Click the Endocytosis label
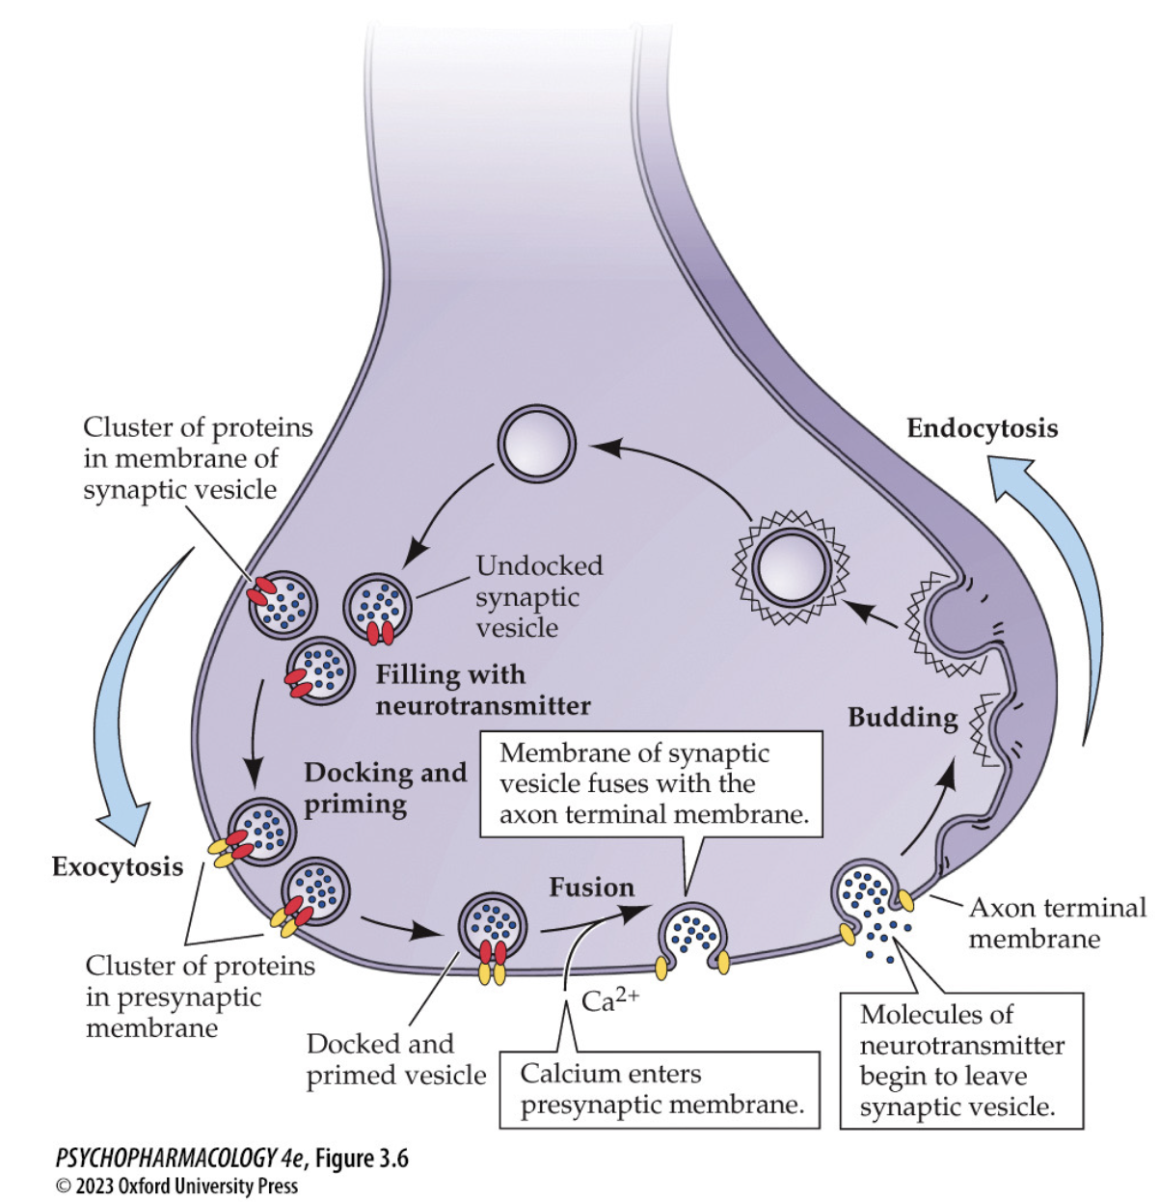(x=982, y=428)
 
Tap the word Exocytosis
(x=118, y=866)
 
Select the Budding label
(x=903, y=718)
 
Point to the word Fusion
(x=591, y=888)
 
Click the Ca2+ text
(x=609, y=1000)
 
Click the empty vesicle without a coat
(x=536, y=445)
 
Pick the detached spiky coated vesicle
(x=792, y=567)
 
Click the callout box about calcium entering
(x=660, y=1089)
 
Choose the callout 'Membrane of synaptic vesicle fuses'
(x=652, y=783)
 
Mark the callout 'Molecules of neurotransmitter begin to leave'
(x=960, y=1060)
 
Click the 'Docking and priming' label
(x=385, y=788)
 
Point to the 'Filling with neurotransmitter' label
(x=482, y=690)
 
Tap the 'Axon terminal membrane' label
(x=1057, y=923)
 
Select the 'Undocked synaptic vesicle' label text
(x=539, y=596)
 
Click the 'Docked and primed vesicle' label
(x=395, y=1059)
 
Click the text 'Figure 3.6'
(x=362, y=1158)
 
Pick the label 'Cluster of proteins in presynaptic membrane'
(x=200, y=997)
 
